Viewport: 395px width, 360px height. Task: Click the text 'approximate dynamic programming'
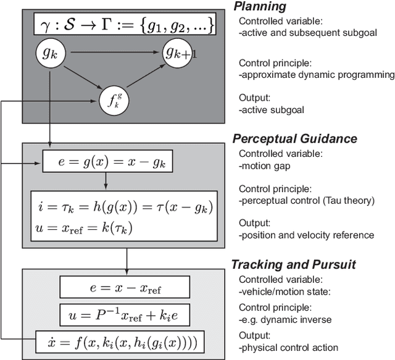point(317,75)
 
